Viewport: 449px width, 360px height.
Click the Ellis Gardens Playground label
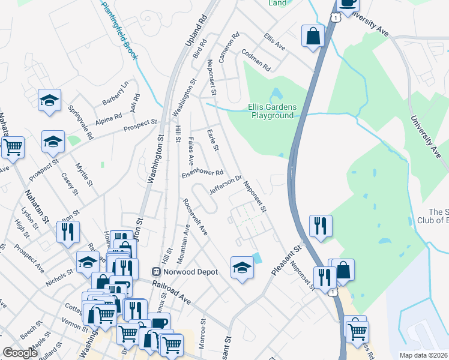(x=272, y=111)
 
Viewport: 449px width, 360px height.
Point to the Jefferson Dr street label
(x=225, y=185)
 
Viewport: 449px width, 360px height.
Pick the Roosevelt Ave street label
(x=195, y=217)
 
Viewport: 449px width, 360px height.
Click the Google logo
(x=20, y=353)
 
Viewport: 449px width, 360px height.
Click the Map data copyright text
(x=424, y=355)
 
